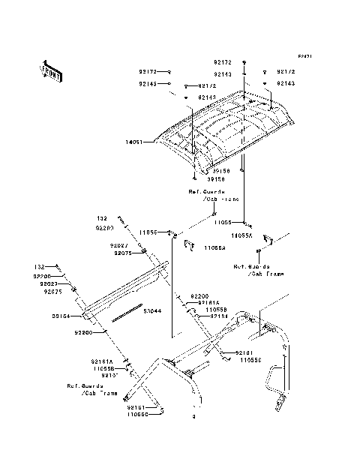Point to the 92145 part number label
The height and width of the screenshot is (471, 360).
pyautogui.click(x=147, y=84)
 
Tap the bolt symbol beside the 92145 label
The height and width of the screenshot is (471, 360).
pyautogui.click(x=170, y=84)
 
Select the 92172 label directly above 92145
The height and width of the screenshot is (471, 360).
pyautogui.click(x=147, y=73)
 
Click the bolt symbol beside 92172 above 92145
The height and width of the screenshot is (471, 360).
pyautogui.click(x=170, y=73)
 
